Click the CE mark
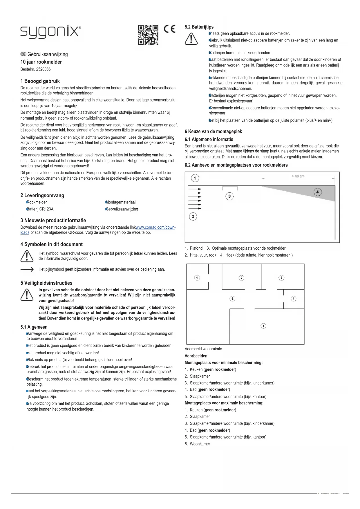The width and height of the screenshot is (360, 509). click(x=170, y=29)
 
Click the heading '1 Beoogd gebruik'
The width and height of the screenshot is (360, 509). click(x=40, y=81)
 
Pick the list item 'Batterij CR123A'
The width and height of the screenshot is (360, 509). click(x=40, y=209)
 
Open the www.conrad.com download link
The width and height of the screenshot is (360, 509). click(x=155, y=228)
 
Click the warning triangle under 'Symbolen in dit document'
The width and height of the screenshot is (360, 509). click(x=27, y=256)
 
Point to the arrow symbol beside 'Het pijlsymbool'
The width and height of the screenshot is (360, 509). click(x=27, y=270)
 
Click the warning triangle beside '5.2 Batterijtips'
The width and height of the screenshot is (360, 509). click(x=191, y=39)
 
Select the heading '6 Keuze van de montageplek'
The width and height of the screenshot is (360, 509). click(x=213, y=131)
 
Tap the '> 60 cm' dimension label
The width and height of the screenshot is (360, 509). click(x=298, y=176)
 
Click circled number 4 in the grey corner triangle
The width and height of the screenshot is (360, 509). click(x=318, y=192)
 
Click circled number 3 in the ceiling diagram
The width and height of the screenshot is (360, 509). click(x=229, y=197)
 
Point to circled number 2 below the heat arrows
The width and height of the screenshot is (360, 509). click(x=193, y=216)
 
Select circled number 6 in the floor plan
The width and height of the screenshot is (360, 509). click(x=232, y=299)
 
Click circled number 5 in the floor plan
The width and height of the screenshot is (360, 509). click(x=263, y=326)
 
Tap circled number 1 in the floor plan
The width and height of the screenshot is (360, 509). click(x=197, y=278)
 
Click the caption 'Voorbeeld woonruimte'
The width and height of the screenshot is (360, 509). click(x=203, y=349)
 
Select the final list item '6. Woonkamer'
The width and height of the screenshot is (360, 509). click(x=197, y=444)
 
